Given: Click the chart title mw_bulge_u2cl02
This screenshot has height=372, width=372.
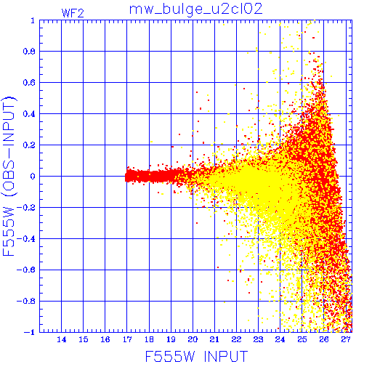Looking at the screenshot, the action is pyautogui.click(x=195, y=10).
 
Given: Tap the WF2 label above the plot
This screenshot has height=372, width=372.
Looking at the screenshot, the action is pyautogui.click(x=73, y=13).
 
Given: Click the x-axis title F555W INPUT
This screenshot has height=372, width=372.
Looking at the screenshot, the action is pyautogui.click(x=196, y=356).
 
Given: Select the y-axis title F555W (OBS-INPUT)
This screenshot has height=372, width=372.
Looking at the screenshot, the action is pyautogui.click(x=9, y=176).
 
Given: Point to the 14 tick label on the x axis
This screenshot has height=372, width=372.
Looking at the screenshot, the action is pyautogui.click(x=62, y=339).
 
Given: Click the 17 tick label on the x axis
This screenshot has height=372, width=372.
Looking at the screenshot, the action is pyautogui.click(x=127, y=339).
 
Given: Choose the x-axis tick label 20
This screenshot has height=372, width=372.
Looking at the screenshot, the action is pyautogui.click(x=193, y=339).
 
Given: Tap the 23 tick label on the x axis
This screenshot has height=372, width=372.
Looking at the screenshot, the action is pyautogui.click(x=258, y=339).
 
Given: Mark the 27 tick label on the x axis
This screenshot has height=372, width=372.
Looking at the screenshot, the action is pyautogui.click(x=346, y=339).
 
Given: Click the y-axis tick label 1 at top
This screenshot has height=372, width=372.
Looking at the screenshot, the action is pyautogui.click(x=33, y=21).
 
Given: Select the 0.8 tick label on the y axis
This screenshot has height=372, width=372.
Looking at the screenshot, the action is pyautogui.click(x=29, y=52).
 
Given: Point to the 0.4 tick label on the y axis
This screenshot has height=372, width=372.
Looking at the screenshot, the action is pyautogui.click(x=29, y=114).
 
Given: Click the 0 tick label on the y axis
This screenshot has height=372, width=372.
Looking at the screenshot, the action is pyautogui.click(x=33, y=176).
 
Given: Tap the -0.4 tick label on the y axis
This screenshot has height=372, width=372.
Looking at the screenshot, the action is pyautogui.click(x=26, y=239).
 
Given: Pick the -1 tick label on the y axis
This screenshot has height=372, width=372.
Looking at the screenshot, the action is pyautogui.click(x=30, y=332).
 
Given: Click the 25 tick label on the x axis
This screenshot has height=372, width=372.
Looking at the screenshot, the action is pyautogui.click(x=302, y=339).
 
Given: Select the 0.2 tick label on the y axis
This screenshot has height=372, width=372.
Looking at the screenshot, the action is pyautogui.click(x=29, y=145).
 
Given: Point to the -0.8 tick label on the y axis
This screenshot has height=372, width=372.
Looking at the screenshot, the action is pyautogui.click(x=26, y=301).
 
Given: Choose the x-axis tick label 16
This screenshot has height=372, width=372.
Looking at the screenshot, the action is pyautogui.click(x=105, y=339).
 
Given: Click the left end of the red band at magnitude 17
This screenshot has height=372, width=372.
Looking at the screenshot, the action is pyautogui.click(x=126, y=177).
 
